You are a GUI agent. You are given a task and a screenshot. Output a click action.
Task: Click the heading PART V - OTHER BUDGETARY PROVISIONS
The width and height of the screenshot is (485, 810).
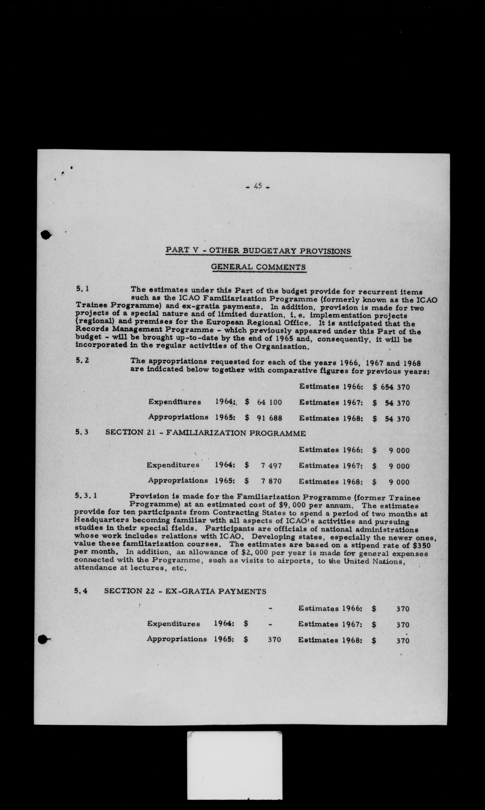pyautogui.click(x=258, y=251)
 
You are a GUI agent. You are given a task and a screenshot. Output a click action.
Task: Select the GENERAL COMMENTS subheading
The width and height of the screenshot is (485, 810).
pyautogui.click(x=258, y=267)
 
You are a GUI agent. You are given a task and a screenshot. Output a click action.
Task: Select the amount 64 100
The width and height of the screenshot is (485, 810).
pyautogui.click(x=269, y=402)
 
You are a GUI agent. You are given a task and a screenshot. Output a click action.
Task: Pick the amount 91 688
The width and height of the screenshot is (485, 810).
pyautogui.click(x=269, y=418)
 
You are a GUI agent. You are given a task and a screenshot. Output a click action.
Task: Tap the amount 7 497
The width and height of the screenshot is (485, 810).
pyautogui.click(x=271, y=466)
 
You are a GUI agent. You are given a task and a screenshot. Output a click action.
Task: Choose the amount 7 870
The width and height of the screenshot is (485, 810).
pyautogui.click(x=271, y=481)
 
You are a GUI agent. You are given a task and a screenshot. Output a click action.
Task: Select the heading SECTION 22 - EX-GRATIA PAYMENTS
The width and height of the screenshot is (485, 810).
pyautogui.click(x=185, y=591)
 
